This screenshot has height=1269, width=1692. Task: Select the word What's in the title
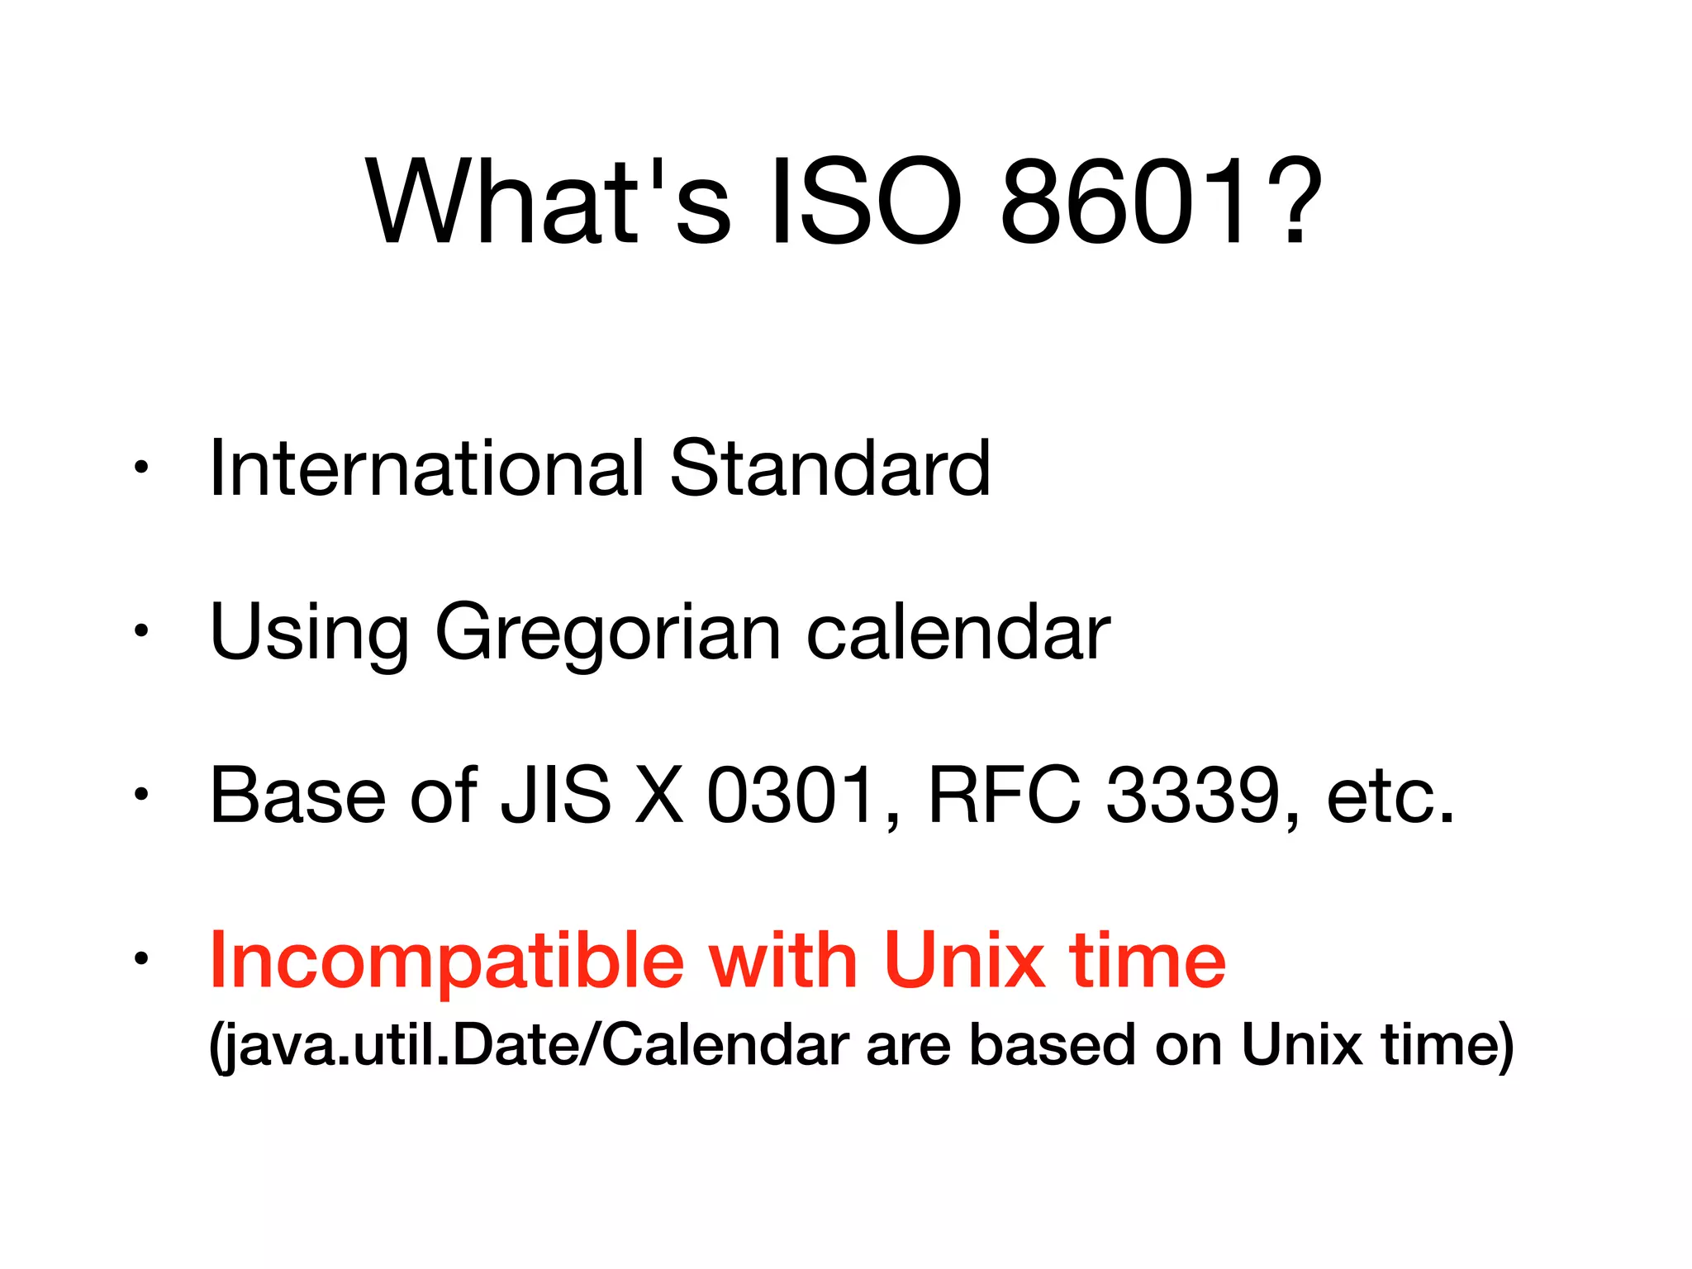click(x=549, y=202)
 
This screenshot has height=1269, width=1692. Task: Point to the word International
click(x=426, y=468)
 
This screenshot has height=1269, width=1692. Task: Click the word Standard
click(x=829, y=468)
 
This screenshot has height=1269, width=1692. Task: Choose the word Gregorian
click(x=607, y=633)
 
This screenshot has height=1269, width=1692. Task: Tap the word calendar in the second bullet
click(x=958, y=633)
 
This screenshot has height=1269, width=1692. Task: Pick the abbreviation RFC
click(x=1005, y=796)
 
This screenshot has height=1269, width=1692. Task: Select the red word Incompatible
click(x=447, y=961)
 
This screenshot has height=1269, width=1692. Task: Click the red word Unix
click(x=963, y=959)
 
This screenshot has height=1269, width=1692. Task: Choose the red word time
click(x=1148, y=959)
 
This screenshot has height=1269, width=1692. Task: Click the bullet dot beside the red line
click(x=141, y=958)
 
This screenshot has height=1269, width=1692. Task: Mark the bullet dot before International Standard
click(x=141, y=468)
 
